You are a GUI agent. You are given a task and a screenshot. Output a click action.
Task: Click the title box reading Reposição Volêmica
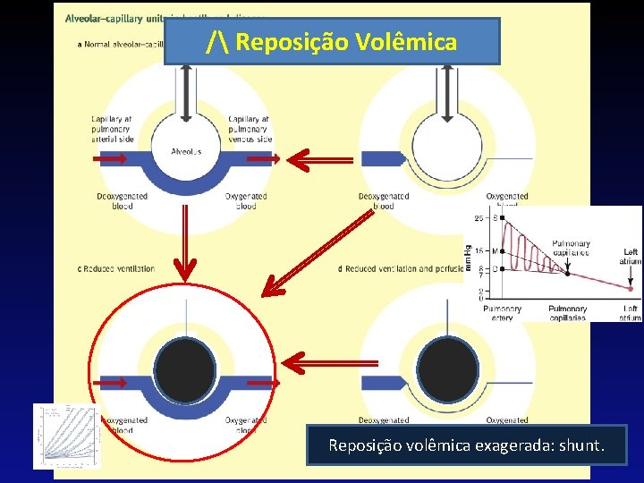click(333, 41)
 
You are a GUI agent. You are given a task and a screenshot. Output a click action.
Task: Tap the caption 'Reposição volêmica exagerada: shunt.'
click(466, 445)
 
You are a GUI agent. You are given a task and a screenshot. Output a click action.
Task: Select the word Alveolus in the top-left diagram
click(186, 151)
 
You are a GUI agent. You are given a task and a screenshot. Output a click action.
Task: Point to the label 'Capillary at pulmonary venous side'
click(250, 129)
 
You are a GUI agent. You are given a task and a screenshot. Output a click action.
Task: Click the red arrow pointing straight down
click(185, 241)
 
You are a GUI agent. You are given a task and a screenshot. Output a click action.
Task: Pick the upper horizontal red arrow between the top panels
click(319, 160)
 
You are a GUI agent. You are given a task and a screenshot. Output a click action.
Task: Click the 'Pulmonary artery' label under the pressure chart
click(502, 313)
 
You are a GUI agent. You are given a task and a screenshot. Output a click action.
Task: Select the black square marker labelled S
click(503, 219)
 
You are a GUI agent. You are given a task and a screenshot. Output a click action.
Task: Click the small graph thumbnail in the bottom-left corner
click(66, 436)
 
